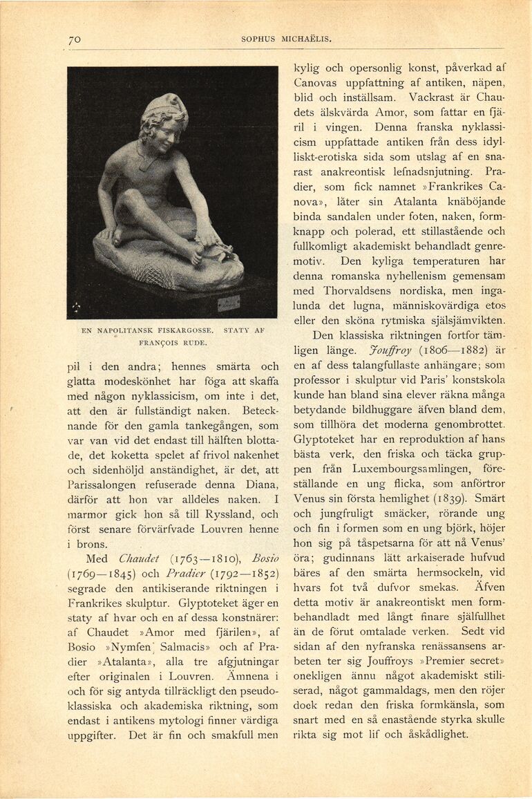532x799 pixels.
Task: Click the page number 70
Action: (75, 40)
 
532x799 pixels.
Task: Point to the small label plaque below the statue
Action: (229, 302)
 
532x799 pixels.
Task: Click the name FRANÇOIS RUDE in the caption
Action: (173, 342)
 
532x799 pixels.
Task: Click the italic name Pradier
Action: (185, 574)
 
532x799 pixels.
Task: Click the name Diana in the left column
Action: (261, 484)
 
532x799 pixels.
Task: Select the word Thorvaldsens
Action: (356, 290)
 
